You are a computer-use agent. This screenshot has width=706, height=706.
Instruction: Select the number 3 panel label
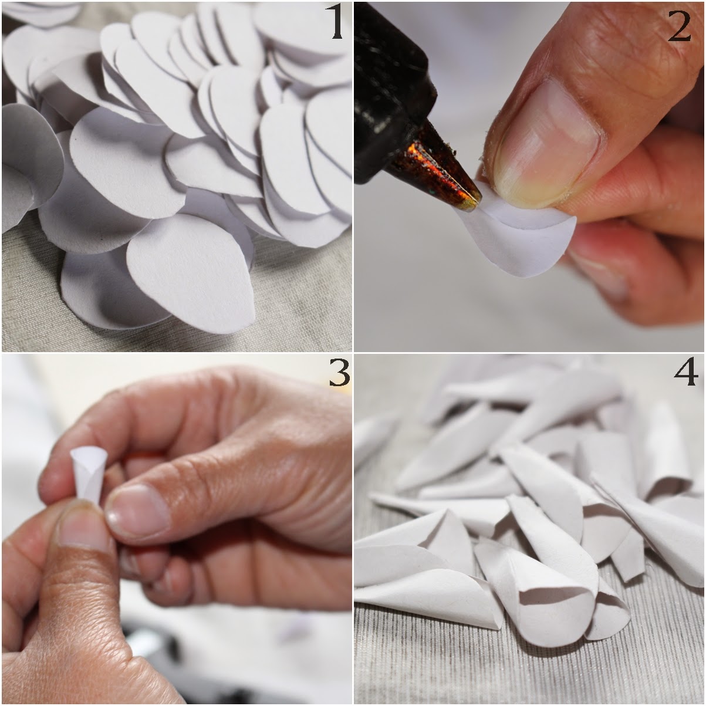pos(339,374)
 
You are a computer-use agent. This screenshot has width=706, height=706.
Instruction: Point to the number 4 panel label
pos(684,374)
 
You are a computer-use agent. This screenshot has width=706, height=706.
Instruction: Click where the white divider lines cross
pos(353,353)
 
